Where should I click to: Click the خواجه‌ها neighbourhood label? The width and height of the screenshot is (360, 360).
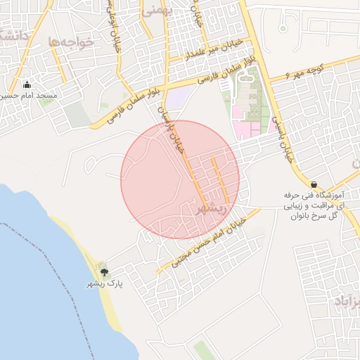click(71, 42)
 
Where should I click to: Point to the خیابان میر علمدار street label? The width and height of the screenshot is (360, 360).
click(214, 49)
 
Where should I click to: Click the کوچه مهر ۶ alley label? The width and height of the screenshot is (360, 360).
click(309, 70)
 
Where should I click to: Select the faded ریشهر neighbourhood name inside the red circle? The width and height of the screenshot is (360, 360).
click(212, 208)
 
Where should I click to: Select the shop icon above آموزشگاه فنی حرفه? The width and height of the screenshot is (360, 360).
click(314, 184)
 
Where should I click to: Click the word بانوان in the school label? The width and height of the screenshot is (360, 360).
click(304, 216)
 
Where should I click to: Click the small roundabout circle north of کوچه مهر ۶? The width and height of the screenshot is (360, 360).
click(283, 29)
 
